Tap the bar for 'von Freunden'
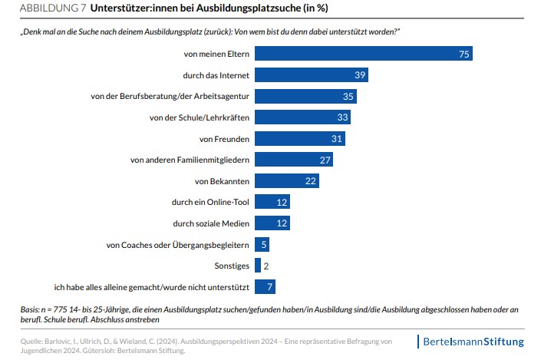[299, 138]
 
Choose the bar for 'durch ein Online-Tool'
[272, 202]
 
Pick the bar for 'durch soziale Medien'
[272, 223]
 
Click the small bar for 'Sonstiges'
[257, 266]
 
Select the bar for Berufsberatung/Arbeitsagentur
[305, 97]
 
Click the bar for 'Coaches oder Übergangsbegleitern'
[262, 244]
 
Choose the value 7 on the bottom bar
[269, 287]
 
